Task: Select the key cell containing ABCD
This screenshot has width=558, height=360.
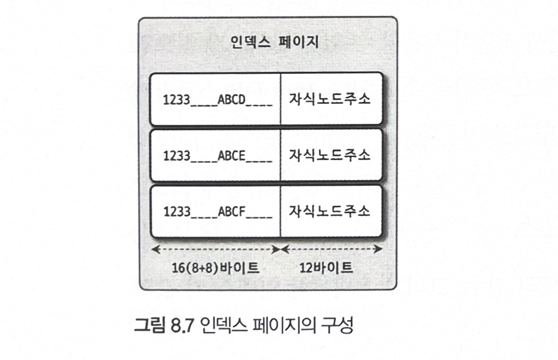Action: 216,99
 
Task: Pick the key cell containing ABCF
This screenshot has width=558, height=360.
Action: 216,212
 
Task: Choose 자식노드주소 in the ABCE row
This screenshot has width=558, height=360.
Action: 329,155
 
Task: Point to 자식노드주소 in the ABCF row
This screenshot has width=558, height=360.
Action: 329,211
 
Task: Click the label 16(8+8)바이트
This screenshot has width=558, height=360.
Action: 214,267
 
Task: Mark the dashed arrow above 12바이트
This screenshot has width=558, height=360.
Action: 331,249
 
